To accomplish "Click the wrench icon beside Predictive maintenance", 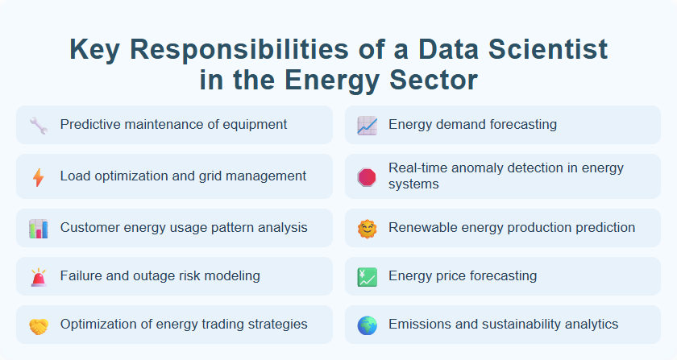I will tap(38, 125).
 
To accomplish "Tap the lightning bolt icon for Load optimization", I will tap(38, 176).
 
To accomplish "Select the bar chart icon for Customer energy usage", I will tap(38, 228).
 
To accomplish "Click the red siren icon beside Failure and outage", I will tap(38, 276).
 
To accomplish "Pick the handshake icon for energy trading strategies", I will tap(38, 325).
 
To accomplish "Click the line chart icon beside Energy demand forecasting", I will tap(367, 125).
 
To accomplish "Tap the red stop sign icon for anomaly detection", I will tap(367, 176).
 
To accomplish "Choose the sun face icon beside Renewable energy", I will tap(367, 228).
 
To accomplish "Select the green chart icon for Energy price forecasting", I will tap(367, 276).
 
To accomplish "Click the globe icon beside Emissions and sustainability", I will tap(367, 325).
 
